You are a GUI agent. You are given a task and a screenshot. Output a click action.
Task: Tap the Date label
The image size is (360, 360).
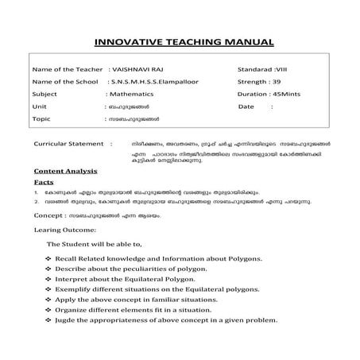point(246,105)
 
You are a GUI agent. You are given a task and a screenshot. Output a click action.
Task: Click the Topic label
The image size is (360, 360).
point(43,118)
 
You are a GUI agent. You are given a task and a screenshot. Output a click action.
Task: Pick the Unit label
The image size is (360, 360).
point(41,105)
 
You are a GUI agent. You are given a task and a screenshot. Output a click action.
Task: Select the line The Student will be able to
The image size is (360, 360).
point(94,245)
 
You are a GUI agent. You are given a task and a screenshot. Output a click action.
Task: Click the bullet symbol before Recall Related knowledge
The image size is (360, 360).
point(49,260)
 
